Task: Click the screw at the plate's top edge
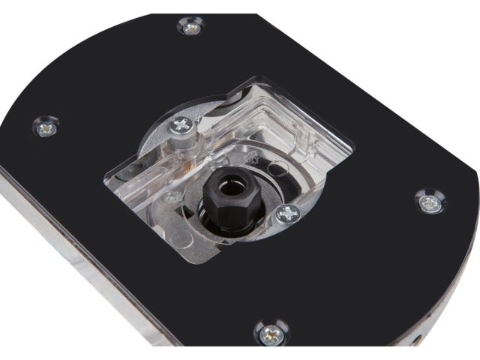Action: coord(190,27)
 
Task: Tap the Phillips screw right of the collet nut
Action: coord(287,214)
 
